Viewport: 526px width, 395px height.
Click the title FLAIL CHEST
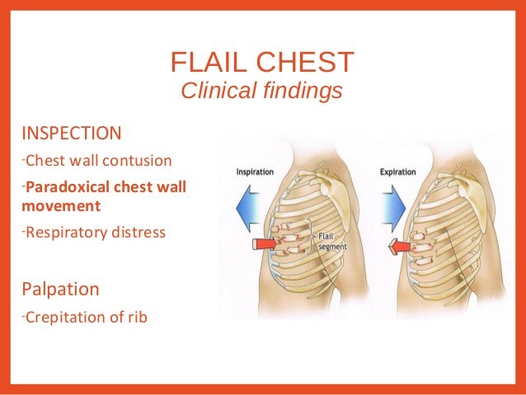pos(261,62)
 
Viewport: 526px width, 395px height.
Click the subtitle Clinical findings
pos(261,91)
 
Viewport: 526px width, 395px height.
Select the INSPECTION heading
pos(72,134)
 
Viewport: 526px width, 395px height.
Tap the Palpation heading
pos(61,289)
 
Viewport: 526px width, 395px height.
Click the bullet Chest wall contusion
pos(97,160)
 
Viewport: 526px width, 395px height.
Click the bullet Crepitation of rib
pos(85,316)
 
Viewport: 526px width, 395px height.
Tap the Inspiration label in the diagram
pos(256,172)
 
